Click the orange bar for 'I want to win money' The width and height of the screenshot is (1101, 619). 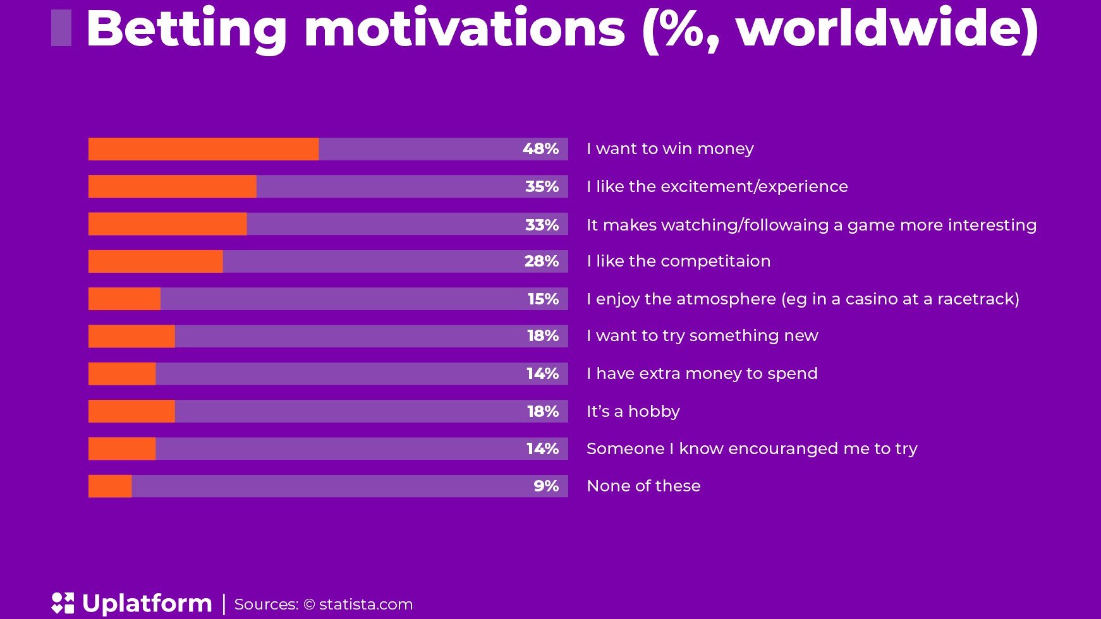pyautogui.click(x=204, y=149)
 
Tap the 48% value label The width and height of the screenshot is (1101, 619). pyautogui.click(x=540, y=149)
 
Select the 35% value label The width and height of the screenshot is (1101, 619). pyautogui.click(x=542, y=187)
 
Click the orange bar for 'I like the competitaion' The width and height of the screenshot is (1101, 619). pyautogui.click(x=155, y=261)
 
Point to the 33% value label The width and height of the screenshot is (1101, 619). pyautogui.click(x=542, y=225)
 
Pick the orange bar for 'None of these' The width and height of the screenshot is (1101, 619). pyautogui.click(x=110, y=486)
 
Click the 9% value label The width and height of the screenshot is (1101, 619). pyautogui.click(x=546, y=486)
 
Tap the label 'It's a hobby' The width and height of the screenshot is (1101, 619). pyautogui.click(x=633, y=411)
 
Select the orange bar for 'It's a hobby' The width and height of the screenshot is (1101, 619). pyautogui.click(x=131, y=411)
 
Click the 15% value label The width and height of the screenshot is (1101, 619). pyautogui.click(x=543, y=299)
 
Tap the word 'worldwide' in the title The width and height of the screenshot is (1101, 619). pyautogui.click(x=880, y=28)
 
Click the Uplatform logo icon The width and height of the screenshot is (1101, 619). pyautogui.click(x=63, y=603)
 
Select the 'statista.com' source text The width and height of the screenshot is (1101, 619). pyautogui.click(x=366, y=604)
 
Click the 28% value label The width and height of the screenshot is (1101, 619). pyautogui.click(x=542, y=261)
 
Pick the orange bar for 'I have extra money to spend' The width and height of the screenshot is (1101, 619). pyautogui.click(x=122, y=374)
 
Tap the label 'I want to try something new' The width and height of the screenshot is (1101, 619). pyautogui.click(x=702, y=335)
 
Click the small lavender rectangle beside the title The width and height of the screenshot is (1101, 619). pyautogui.click(x=61, y=28)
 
